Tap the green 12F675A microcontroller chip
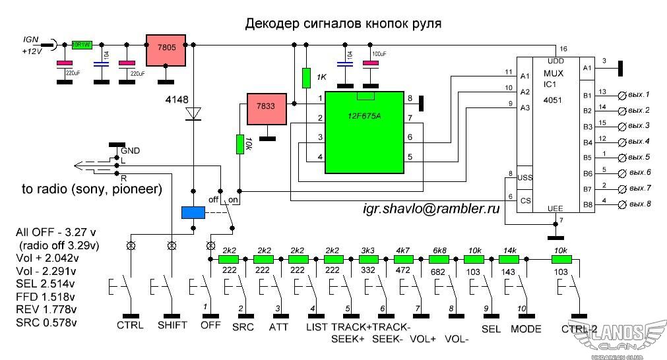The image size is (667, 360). point(364,133)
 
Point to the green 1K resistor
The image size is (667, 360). point(306,78)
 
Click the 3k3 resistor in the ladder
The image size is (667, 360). point(368,260)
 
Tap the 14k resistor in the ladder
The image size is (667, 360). point(509,260)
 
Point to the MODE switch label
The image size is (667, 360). point(525,328)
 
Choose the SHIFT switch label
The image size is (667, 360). point(172,325)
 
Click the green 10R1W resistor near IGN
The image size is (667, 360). point(82,45)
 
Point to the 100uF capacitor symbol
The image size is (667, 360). point(371,63)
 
